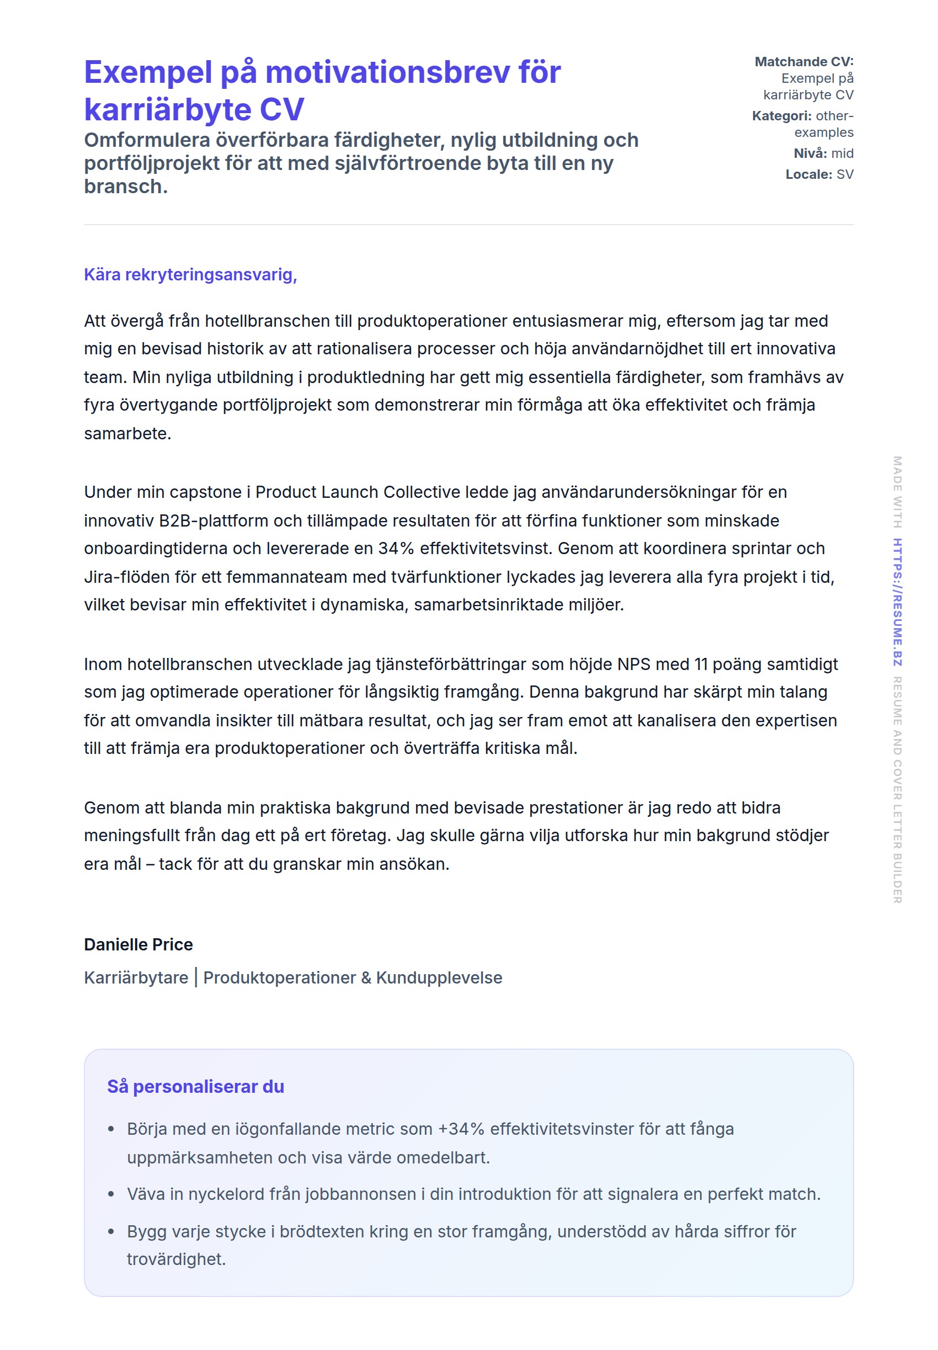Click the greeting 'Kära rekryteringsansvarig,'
click(x=190, y=274)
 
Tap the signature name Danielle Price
click(x=138, y=944)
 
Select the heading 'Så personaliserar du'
click(x=195, y=1086)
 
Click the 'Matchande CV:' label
click(x=803, y=62)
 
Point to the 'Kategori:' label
click(x=781, y=116)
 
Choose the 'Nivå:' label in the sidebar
click(x=811, y=153)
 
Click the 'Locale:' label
click(x=809, y=174)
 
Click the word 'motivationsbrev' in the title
click(x=387, y=72)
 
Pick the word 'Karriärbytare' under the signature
click(x=136, y=977)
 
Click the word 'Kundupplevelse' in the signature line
click(x=439, y=977)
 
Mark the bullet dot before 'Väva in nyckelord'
click(x=111, y=1194)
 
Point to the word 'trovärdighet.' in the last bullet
click(x=177, y=1259)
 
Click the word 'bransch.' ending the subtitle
click(x=126, y=187)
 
